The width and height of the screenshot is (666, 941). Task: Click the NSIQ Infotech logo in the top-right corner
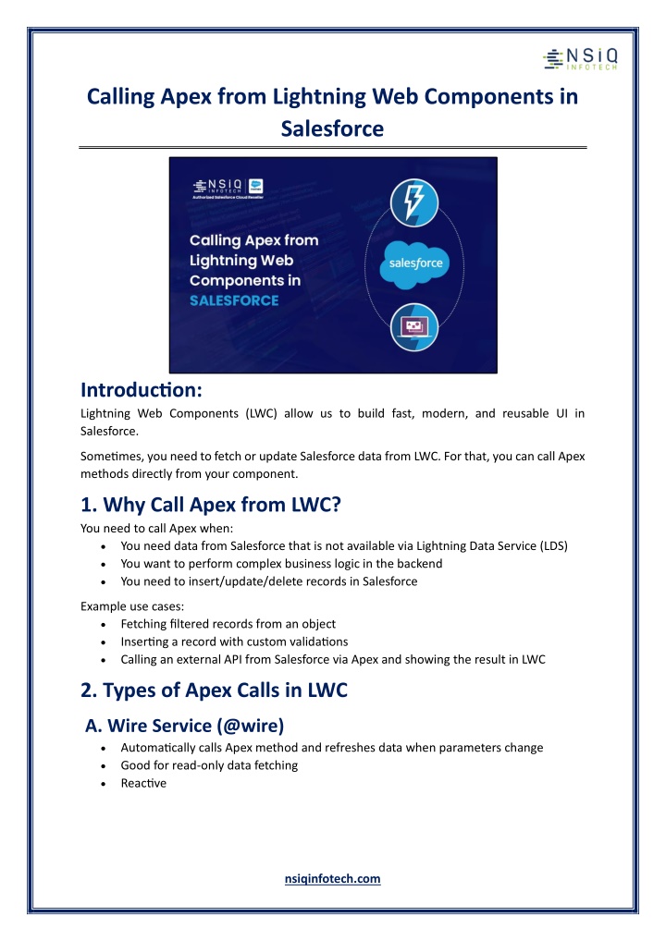tap(580, 57)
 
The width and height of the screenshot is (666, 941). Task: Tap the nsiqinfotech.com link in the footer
tap(332, 878)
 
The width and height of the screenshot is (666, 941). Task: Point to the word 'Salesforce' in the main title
tap(332, 128)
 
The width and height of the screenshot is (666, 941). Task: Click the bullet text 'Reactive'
tap(144, 783)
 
